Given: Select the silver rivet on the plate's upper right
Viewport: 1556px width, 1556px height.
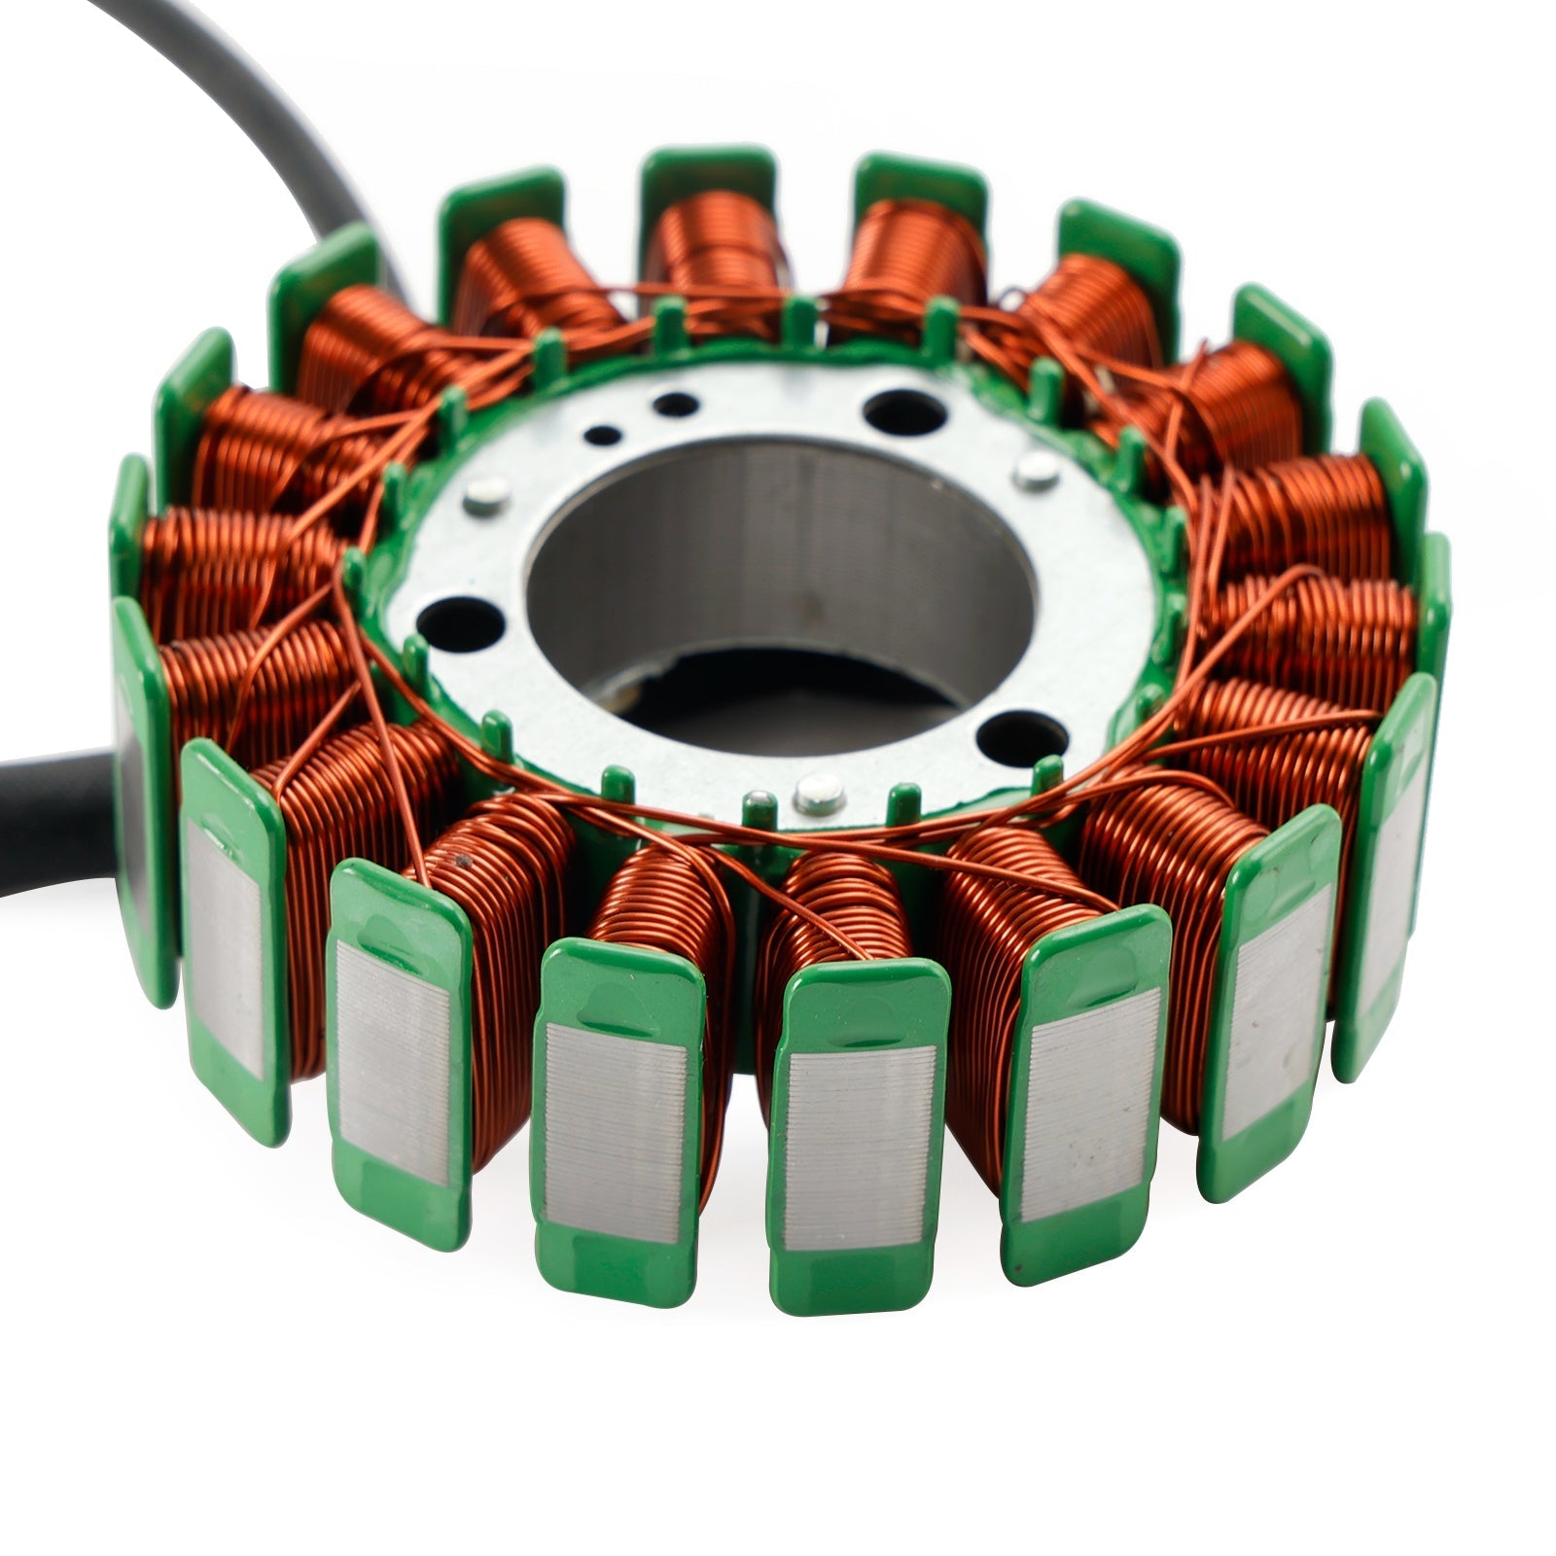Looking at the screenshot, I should (1036, 475).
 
